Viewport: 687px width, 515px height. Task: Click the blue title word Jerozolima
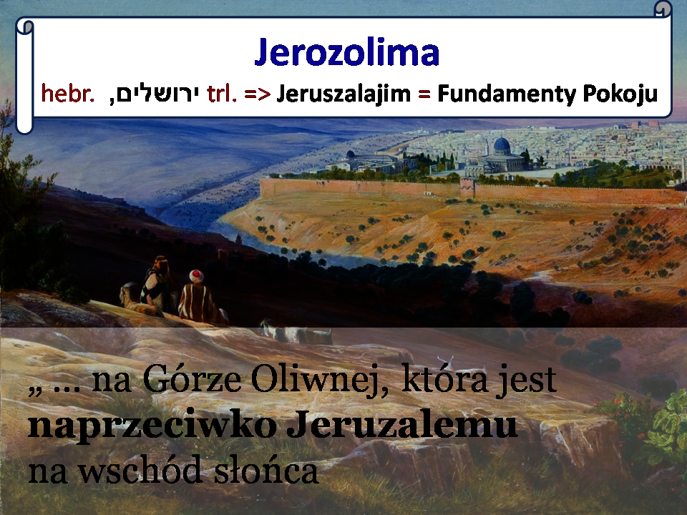click(346, 52)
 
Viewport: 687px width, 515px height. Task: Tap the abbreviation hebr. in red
click(67, 94)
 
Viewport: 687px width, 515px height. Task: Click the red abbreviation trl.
click(221, 94)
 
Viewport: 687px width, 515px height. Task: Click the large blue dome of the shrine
click(502, 144)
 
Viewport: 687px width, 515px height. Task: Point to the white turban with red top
click(196, 275)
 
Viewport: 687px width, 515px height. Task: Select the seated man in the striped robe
click(200, 298)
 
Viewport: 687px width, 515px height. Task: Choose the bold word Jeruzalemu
click(402, 424)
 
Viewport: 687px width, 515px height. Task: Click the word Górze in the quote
click(192, 379)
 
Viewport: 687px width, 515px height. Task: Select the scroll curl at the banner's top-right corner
click(662, 9)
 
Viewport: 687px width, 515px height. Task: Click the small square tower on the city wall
click(467, 187)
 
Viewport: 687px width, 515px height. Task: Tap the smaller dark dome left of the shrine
click(350, 154)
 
